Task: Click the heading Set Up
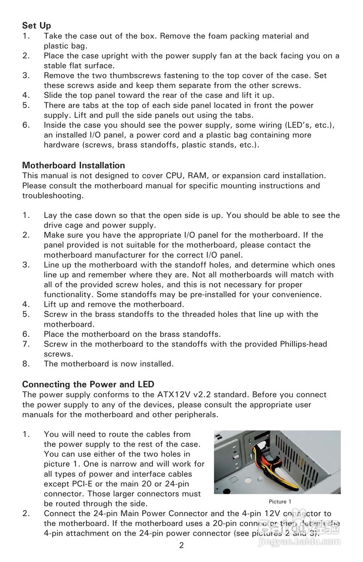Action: (37, 26)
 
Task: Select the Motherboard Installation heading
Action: (74, 166)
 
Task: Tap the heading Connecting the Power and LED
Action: (88, 384)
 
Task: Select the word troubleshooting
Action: (52, 195)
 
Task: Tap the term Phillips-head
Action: (303, 344)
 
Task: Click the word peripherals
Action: (193, 414)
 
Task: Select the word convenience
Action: (295, 294)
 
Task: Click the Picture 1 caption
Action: (280, 501)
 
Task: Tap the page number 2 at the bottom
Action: (181, 546)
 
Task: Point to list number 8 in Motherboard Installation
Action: (26, 364)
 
